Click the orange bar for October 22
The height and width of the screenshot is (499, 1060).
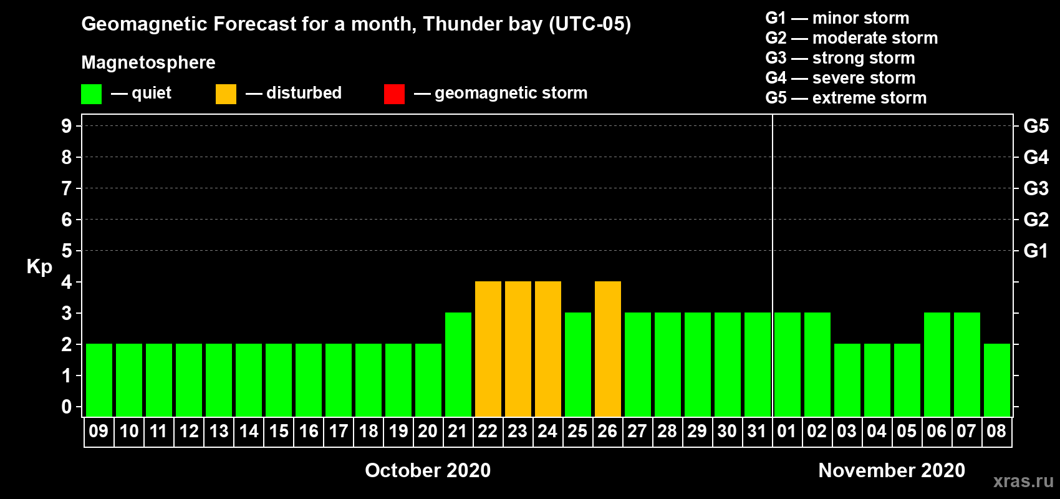click(x=488, y=349)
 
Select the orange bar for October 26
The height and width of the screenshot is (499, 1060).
click(x=607, y=349)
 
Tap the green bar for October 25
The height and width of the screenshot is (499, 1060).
click(x=578, y=364)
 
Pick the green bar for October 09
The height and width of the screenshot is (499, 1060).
click(x=99, y=380)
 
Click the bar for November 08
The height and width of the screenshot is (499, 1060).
click(x=996, y=380)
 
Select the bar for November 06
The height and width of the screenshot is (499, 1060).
click(x=937, y=364)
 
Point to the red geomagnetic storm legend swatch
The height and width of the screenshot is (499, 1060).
click(x=394, y=94)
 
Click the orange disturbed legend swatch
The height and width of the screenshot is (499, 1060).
click(x=226, y=94)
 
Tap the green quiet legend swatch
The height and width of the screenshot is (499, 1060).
click(x=91, y=94)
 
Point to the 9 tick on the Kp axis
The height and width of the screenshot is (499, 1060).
click(x=66, y=127)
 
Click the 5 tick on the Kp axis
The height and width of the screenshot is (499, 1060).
click(x=66, y=251)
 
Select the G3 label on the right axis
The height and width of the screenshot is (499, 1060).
click(x=1036, y=188)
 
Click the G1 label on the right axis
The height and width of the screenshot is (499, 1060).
click(x=1036, y=251)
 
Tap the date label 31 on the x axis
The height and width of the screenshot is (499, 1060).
click(x=757, y=431)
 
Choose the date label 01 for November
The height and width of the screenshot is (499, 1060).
click(x=786, y=431)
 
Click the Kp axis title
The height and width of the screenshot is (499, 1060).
click(x=39, y=267)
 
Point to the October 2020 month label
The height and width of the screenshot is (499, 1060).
click(x=428, y=470)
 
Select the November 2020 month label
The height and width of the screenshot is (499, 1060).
click(x=892, y=470)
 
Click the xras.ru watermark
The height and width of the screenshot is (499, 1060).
click(x=1023, y=482)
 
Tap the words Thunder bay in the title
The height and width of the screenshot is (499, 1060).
click(x=483, y=24)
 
